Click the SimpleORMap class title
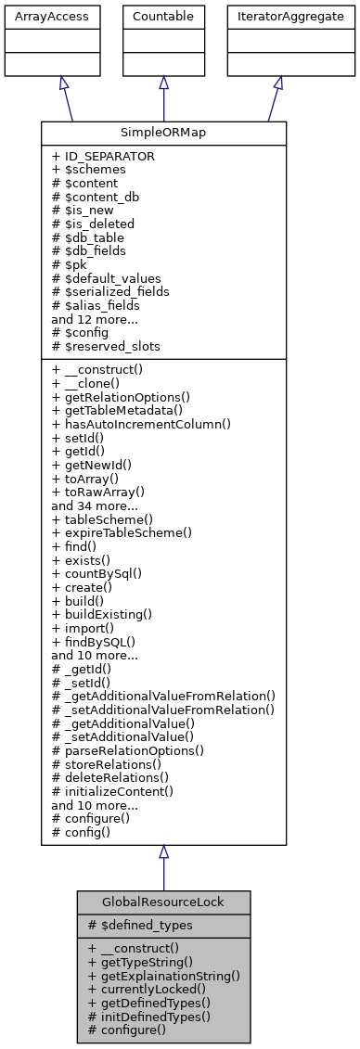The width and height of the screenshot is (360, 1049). (163, 134)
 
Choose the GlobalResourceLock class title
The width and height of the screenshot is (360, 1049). (163, 902)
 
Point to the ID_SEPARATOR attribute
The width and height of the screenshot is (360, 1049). (103, 157)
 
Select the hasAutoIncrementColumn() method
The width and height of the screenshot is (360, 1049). (140, 423)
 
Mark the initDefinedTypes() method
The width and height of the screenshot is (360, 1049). (148, 1016)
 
